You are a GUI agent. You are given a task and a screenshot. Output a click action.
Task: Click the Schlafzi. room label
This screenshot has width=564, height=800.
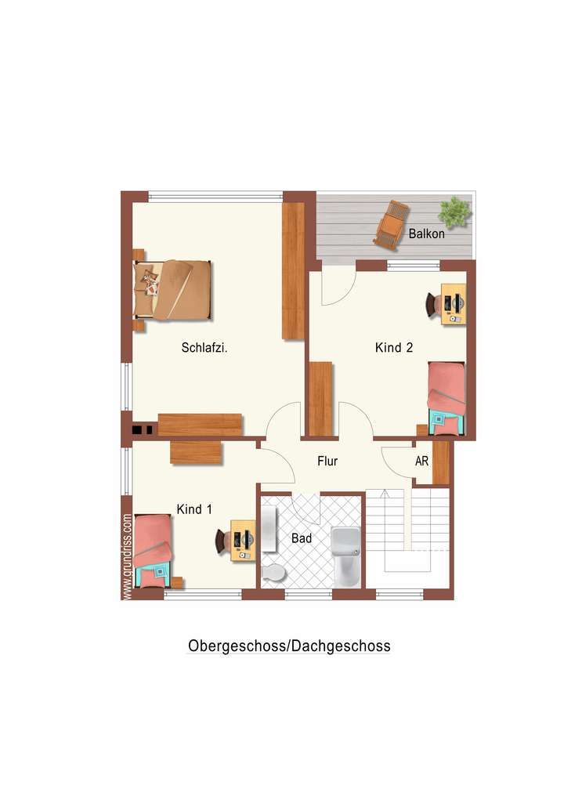204,348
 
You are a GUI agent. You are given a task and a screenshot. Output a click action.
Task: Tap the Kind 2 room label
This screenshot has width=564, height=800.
394,348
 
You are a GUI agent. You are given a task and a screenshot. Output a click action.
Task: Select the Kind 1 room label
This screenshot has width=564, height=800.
194,509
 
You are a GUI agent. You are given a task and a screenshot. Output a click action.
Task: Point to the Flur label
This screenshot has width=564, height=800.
327,462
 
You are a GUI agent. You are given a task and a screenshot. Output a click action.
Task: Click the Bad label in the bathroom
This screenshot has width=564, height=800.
302,538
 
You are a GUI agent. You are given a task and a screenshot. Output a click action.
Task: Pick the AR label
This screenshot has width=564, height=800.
421,462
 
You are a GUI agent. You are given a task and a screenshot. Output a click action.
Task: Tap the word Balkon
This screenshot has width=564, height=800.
427,233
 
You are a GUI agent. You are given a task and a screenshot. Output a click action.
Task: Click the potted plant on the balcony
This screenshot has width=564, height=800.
454,211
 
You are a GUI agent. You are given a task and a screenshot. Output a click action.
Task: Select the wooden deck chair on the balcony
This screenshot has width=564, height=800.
392,224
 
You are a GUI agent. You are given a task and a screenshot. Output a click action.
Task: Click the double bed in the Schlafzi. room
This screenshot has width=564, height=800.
174,289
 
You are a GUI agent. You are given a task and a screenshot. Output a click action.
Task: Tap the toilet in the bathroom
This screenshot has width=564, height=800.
273,573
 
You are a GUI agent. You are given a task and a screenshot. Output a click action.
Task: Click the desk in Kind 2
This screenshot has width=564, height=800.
454,304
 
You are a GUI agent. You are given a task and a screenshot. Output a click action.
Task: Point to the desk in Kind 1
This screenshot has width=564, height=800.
243,541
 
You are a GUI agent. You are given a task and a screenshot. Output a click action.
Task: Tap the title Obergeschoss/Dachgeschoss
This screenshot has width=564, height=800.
289,646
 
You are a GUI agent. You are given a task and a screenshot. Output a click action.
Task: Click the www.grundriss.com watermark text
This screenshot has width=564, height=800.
127,556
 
